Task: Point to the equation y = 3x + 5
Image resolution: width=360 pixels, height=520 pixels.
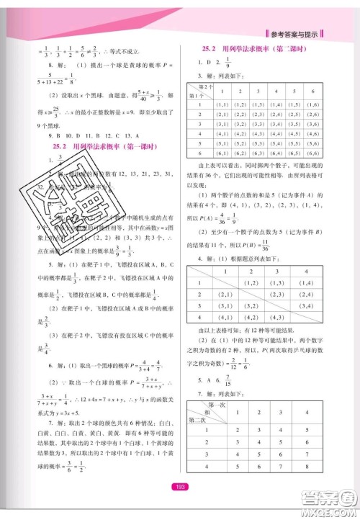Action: (78, 414)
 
